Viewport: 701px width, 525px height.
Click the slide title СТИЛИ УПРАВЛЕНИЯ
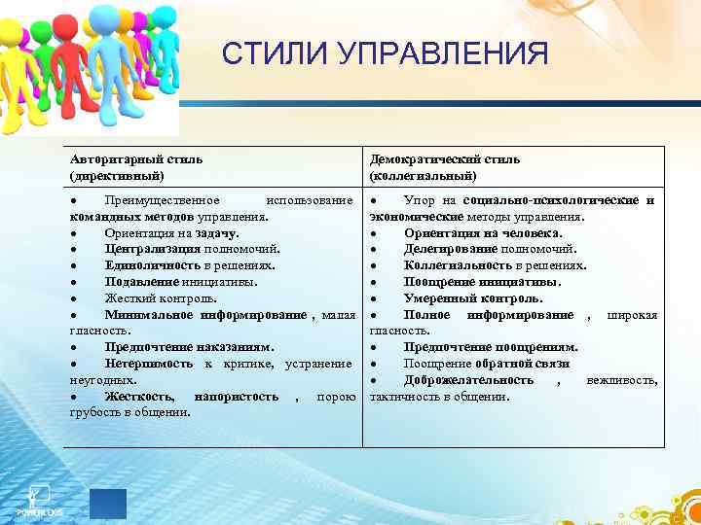[x=385, y=52]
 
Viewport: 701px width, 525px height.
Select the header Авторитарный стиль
[x=135, y=158]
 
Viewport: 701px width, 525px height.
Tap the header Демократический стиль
[x=445, y=158]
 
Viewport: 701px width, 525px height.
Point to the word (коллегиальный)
[x=424, y=175]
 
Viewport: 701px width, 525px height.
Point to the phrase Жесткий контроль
[x=161, y=297]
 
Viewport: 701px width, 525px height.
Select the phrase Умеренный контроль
[x=472, y=297]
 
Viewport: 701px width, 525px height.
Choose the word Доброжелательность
[x=468, y=379]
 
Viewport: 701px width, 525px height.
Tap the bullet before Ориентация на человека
[x=374, y=232]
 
